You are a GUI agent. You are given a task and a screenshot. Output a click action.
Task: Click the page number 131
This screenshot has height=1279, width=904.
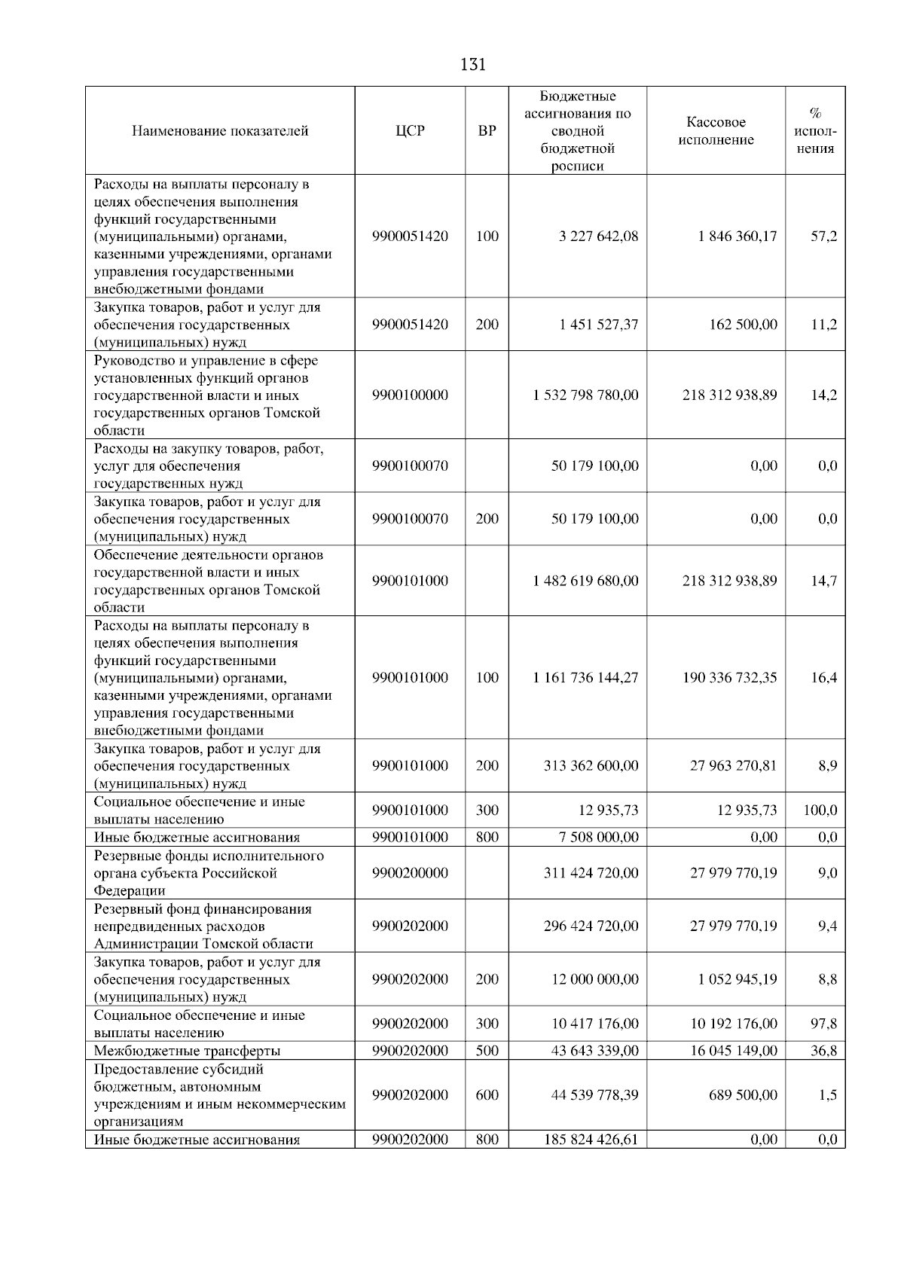(x=472, y=65)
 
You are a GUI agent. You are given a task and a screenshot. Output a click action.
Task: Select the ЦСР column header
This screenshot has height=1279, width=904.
(x=410, y=131)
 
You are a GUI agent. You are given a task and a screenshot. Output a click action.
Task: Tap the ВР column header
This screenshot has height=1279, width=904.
(x=487, y=131)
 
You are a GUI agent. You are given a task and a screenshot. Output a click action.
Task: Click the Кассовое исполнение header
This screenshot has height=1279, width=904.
(x=716, y=131)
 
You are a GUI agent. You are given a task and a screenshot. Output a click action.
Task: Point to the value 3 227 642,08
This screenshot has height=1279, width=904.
(x=598, y=237)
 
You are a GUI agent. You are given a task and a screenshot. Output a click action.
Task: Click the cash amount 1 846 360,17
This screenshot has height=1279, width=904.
(x=738, y=237)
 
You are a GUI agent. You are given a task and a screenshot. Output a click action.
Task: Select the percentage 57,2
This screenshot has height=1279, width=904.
(x=823, y=237)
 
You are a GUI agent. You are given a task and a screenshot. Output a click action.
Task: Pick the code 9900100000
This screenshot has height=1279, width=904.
(x=410, y=395)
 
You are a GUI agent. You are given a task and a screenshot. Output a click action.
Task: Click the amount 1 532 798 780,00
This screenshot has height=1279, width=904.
(x=585, y=395)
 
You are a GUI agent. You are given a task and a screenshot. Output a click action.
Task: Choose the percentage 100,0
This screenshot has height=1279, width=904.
(x=820, y=810)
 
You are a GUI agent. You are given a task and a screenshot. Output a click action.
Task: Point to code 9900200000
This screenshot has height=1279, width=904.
(x=410, y=873)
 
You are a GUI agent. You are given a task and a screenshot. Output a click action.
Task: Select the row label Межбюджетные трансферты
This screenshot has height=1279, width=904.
(x=187, y=1051)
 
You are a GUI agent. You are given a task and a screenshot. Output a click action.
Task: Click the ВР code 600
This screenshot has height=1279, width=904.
(x=487, y=1095)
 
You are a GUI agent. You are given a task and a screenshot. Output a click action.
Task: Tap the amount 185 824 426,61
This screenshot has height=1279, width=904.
(x=591, y=1140)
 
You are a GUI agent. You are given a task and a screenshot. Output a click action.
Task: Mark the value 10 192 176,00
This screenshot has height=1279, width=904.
(x=734, y=1024)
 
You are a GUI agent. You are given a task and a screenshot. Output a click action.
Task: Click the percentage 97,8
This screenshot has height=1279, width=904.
(x=823, y=1024)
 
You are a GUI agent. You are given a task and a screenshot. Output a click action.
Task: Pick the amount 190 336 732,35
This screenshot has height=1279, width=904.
(x=729, y=678)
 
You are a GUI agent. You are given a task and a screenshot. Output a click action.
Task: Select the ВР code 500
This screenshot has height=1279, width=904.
(x=487, y=1051)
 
